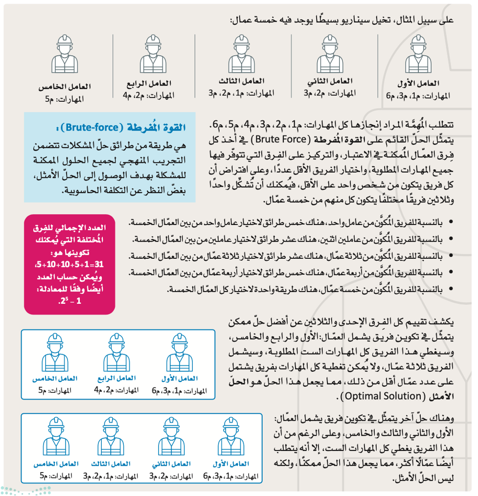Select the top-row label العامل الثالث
[241, 81]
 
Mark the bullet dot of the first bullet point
[451, 223]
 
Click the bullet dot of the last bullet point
[451, 291]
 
